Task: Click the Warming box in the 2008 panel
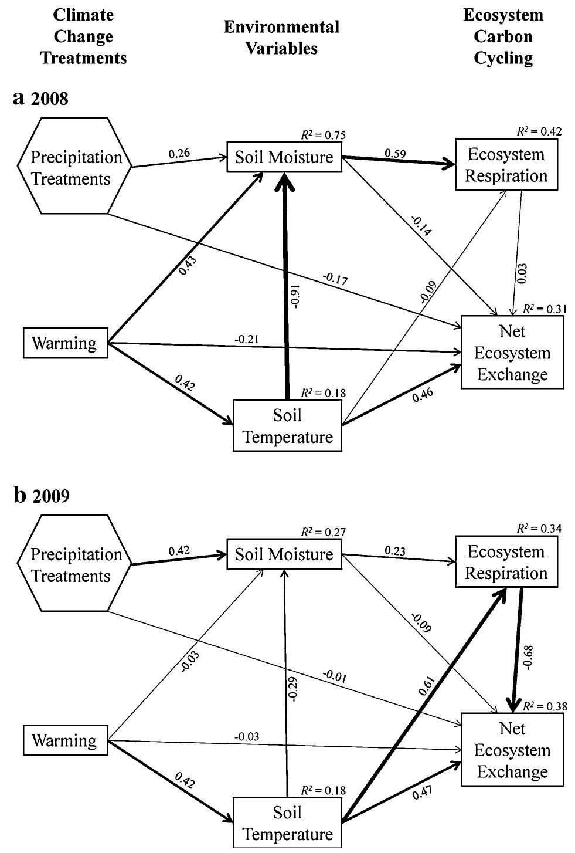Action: pos(64,343)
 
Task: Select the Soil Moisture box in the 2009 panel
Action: pos(284,554)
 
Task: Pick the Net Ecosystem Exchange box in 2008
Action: pos(512,353)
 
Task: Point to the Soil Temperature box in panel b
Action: pos(287,822)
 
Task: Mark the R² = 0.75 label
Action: pos(323,134)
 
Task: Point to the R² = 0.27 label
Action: pos(323,532)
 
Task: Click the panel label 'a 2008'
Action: pos(40,99)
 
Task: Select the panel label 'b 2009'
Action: pos(41,496)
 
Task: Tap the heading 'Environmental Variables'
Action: pos(281,37)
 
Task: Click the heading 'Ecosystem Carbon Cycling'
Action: pos(503,36)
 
